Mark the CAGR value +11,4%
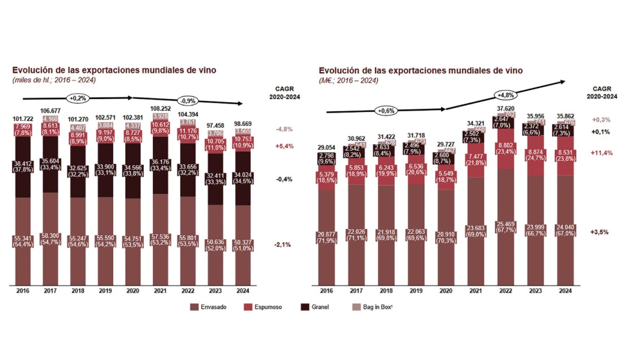point(600,153)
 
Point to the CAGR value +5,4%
point(284,146)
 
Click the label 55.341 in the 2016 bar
point(22,239)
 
